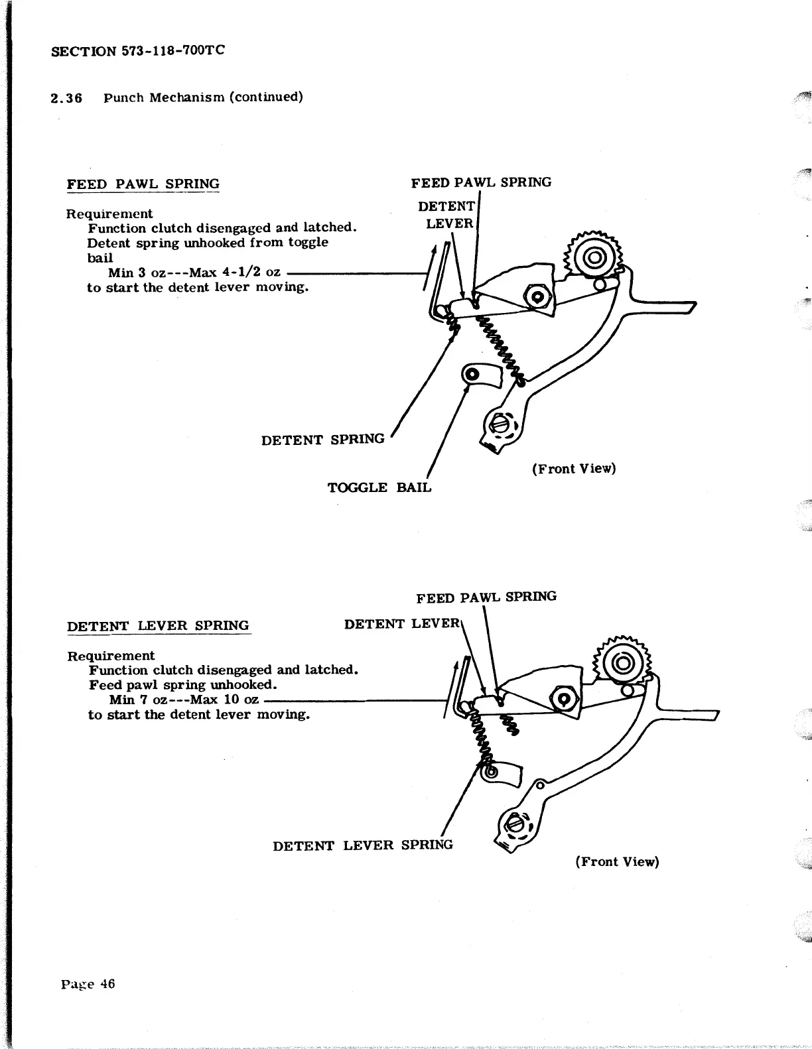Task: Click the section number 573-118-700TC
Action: pyautogui.click(x=173, y=50)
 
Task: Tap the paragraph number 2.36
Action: pyautogui.click(x=66, y=98)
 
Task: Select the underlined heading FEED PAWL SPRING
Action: pyautogui.click(x=143, y=184)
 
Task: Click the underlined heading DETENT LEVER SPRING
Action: pyautogui.click(x=159, y=626)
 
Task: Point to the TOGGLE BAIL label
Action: pyautogui.click(x=379, y=487)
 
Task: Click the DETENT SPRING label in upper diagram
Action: pyautogui.click(x=322, y=440)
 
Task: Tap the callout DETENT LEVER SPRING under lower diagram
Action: pyautogui.click(x=362, y=845)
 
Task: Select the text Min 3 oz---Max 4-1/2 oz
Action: pyautogui.click(x=194, y=273)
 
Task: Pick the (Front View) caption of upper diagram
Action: pyautogui.click(x=573, y=469)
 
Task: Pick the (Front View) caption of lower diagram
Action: pyautogui.click(x=617, y=861)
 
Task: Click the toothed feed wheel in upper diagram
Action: pyautogui.click(x=593, y=257)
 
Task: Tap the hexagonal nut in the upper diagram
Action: pyautogui.click(x=536, y=296)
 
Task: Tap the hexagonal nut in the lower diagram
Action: pyautogui.click(x=565, y=700)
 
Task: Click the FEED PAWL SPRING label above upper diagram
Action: pyautogui.click(x=481, y=182)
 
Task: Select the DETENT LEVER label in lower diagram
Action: pyautogui.click(x=401, y=624)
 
